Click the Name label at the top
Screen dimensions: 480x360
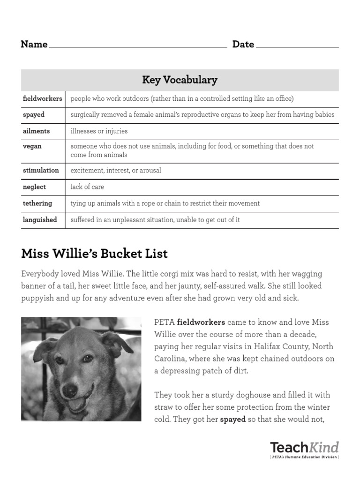[x=34, y=45]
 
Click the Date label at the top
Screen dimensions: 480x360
[x=243, y=45]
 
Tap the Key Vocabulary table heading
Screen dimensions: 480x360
[x=180, y=80]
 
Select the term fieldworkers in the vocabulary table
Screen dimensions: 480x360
[x=42, y=99]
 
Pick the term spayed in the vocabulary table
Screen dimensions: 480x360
[x=33, y=115]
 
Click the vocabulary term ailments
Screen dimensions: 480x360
[x=36, y=131]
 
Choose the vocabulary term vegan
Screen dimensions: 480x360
[x=32, y=146]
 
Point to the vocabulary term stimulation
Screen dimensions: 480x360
[x=41, y=171]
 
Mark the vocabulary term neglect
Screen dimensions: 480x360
[x=34, y=187]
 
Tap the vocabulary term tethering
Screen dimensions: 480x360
[x=37, y=203]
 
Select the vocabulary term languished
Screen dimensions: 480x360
[x=40, y=220]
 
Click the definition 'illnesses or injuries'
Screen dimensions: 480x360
[x=99, y=131]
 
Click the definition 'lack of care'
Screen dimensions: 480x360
[x=87, y=187]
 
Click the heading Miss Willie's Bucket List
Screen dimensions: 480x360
[x=94, y=254]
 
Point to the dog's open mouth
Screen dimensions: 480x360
[x=78, y=403]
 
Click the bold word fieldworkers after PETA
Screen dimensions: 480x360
[x=201, y=322]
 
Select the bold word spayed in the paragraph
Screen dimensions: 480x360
[x=233, y=420]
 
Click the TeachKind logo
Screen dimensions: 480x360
[x=304, y=449]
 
